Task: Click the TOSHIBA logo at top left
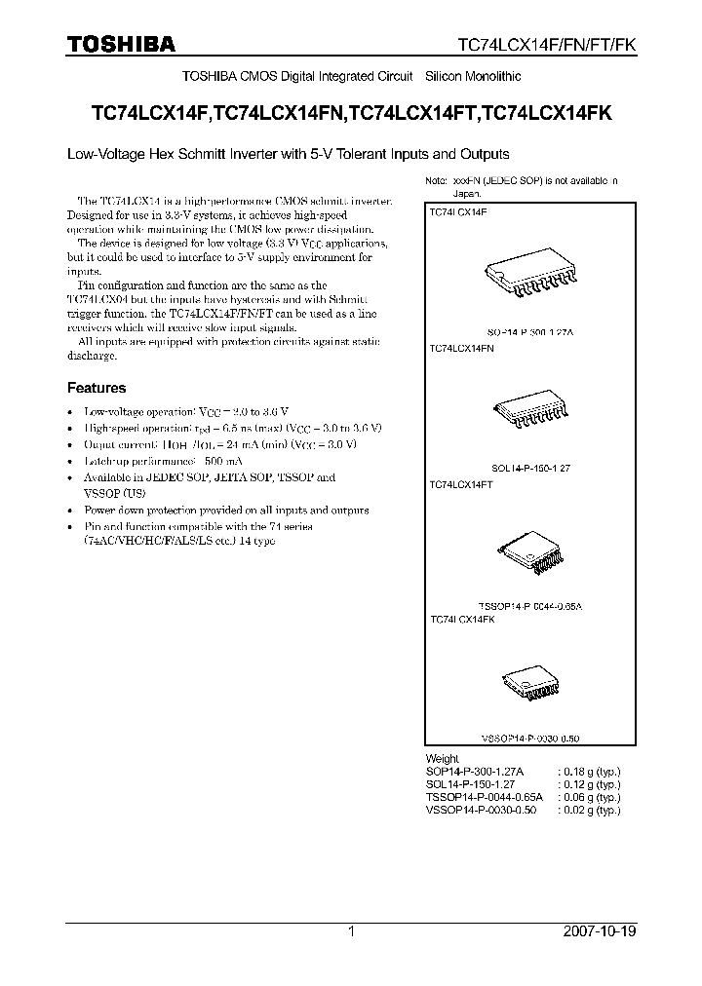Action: click(x=121, y=44)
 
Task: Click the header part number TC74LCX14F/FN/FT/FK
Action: click(x=547, y=45)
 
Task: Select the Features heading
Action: click(x=96, y=387)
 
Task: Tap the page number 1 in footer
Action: click(x=351, y=931)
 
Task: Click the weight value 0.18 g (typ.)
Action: click(x=589, y=771)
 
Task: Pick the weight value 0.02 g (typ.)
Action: click(x=589, y=810)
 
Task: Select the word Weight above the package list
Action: click(x=442, y=758)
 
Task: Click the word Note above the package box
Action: click(x=435, y=182)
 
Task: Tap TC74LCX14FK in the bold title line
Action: click(x=547, y=113)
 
